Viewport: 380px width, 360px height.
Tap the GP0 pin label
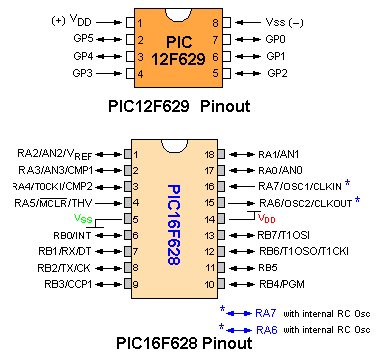point(274,38)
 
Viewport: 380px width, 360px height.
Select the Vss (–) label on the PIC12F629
point(286,20)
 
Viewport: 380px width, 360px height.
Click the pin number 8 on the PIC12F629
point(214,20)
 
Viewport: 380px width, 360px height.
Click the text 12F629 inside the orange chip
point(177,57)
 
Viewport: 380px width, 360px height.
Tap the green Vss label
point(84,218)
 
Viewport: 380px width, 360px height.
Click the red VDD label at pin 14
point(266,218)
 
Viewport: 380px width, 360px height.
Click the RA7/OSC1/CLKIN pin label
point(296,186)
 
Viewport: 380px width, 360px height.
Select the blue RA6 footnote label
point(266,329)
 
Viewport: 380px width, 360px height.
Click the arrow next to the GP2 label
point(241,73)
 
